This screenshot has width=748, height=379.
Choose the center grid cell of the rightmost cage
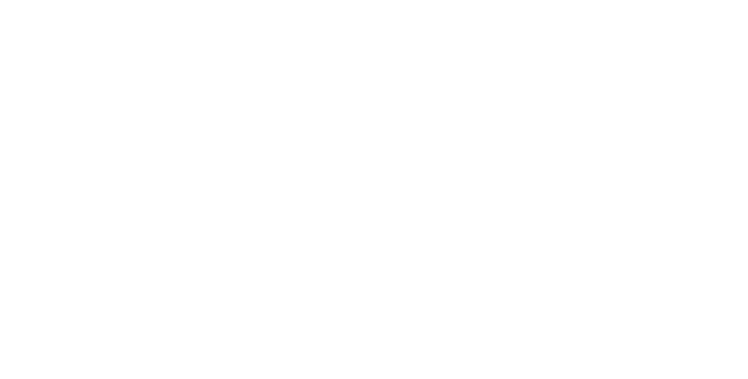click(x=621, y=144)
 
